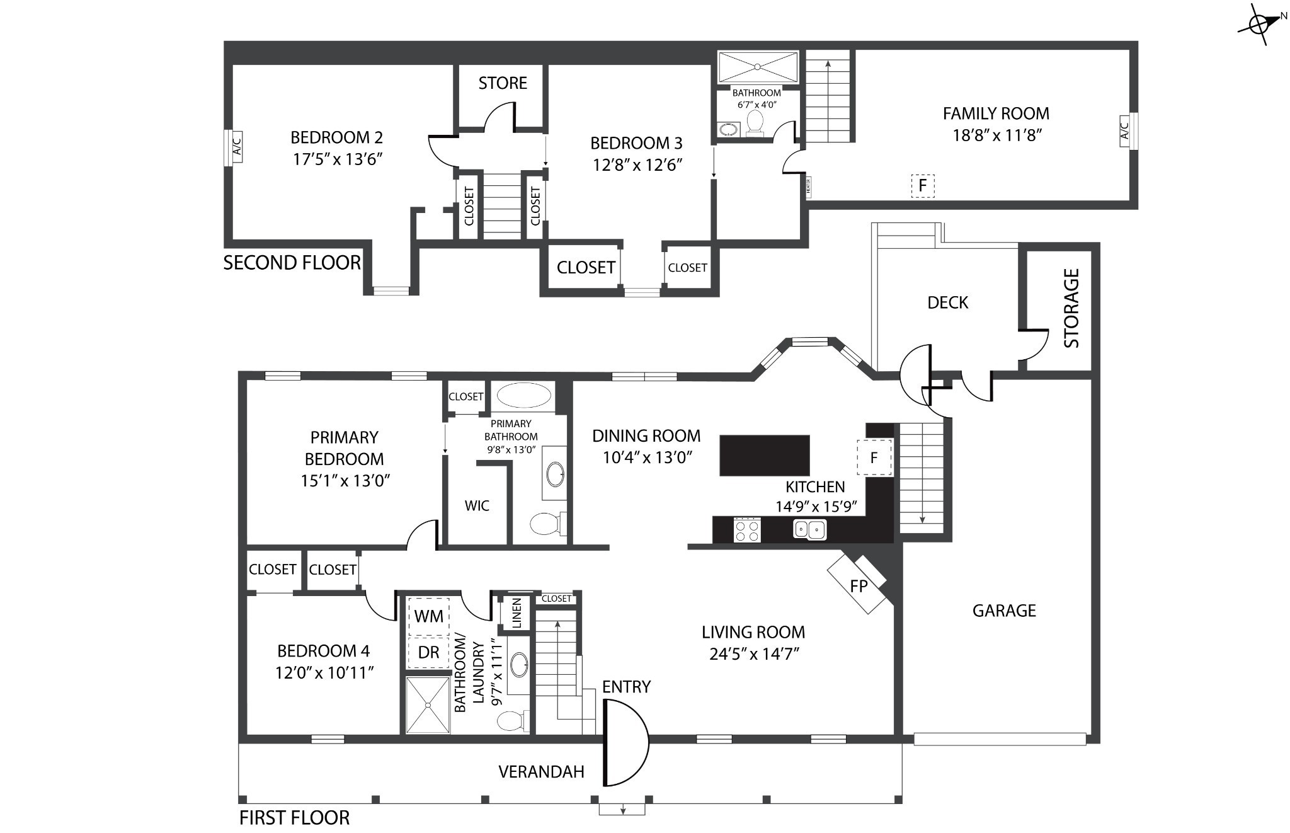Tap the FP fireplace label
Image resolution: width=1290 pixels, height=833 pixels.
859,587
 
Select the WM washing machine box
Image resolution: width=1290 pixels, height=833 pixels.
428,616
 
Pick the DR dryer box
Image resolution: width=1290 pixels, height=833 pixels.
428,652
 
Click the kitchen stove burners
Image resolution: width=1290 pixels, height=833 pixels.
748,529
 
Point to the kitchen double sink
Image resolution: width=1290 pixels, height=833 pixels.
809,529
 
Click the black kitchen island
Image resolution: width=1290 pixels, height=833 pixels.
765,455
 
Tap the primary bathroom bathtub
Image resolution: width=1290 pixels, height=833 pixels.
524,396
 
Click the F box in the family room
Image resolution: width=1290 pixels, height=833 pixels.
923,186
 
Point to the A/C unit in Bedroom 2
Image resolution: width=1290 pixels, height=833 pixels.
234,149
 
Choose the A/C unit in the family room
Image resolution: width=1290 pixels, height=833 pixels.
1128,131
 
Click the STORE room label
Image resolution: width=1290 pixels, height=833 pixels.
503,83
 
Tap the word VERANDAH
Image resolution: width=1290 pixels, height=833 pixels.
541,772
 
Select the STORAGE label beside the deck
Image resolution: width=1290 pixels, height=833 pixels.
1071,308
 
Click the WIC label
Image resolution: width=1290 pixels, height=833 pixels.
477,505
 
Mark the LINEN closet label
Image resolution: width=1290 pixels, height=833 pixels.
517,613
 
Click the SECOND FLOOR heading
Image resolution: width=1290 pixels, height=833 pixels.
292,263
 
